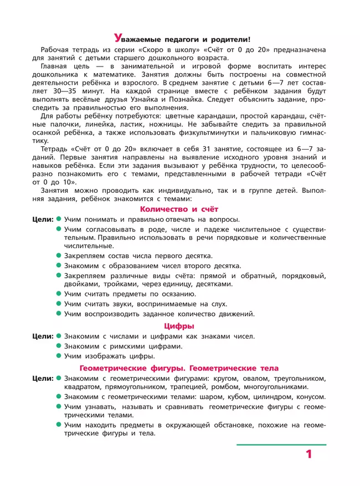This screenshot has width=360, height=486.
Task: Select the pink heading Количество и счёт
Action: pyautogui.click(x=179, y=209)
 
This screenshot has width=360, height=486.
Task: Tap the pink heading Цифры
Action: pyautogui.click(x=179, y=326)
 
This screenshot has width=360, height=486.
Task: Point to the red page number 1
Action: pyautogui.click(x=308, y=454)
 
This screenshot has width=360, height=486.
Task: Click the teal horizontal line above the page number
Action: pyautogui.click(x=281, y=444)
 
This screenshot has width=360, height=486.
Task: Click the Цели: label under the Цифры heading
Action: pyautogui.click(x=42, y=336)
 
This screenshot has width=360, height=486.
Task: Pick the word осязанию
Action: pyautogui.click(x=177, y=294)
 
